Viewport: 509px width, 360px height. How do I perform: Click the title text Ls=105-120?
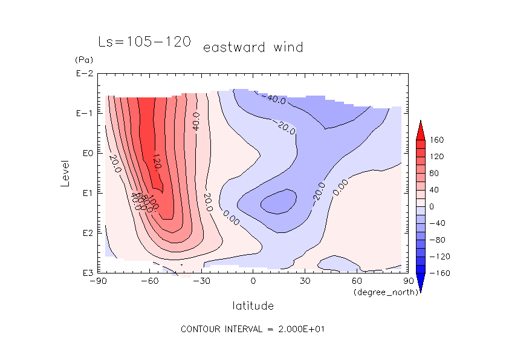pos(144,42)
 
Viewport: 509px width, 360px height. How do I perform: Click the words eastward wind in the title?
pos(253,47)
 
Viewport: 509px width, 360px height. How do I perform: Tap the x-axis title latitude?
pos(253,306)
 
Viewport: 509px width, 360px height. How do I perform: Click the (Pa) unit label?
pos(83,60)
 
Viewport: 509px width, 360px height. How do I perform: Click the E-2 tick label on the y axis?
pos(83,74)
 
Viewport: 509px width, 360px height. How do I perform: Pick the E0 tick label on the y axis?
pos(85,153)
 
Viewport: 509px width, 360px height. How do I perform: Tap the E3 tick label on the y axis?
pos(85,273)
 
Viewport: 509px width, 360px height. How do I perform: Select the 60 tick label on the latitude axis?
pos(356,281)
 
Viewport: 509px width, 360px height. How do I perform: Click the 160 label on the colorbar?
pos(438,140)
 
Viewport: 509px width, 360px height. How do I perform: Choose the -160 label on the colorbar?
pos(439,273)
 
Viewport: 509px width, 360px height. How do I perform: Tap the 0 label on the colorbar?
pos(432,206)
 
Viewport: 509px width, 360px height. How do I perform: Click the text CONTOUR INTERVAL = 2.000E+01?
pos(254,329)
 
